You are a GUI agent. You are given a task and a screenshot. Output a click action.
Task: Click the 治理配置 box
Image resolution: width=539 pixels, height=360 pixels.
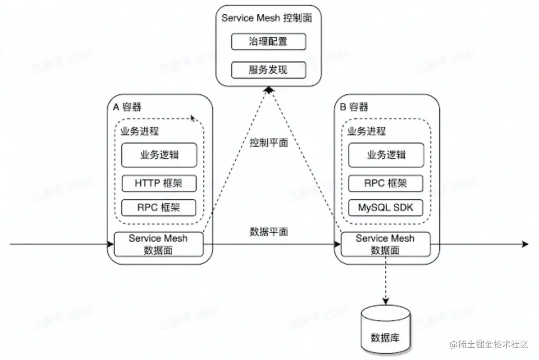point(269,42)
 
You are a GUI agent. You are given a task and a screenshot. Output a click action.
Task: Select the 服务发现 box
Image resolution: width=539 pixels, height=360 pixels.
point(269,70)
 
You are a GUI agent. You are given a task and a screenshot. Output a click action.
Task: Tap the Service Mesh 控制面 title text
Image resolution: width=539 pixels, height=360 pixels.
point(267,18)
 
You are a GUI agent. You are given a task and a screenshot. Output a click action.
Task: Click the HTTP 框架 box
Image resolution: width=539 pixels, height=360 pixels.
point(159,183)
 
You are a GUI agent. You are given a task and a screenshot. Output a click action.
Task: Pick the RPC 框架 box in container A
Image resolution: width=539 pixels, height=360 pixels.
point(159,207)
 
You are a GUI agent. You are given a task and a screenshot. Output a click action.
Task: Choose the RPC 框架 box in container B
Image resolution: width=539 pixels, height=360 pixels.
point(386,183)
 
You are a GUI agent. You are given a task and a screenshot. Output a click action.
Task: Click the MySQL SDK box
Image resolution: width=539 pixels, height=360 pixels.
point(386,207)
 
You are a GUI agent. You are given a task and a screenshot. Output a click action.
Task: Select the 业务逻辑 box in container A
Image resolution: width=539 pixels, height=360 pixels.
point(159,155)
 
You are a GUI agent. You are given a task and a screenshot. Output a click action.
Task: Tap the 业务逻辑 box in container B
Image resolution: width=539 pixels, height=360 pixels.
point(386,155)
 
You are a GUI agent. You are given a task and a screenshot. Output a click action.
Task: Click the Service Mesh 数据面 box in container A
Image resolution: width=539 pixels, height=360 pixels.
point(159,244)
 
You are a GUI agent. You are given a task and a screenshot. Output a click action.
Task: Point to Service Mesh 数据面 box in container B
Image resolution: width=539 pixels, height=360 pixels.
point(385,244)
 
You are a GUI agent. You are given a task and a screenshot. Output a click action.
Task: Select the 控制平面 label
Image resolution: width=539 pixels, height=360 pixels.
point(269,143)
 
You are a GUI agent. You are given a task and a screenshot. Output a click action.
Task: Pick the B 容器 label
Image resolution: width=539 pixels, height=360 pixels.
point(354,107)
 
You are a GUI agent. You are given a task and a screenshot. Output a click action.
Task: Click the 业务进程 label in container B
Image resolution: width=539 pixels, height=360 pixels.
point(367,132)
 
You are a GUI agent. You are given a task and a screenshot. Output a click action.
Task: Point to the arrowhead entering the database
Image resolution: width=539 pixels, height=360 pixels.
point(385,300)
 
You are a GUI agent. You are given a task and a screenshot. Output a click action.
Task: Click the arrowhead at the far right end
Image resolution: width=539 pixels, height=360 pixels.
point(525,244)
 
